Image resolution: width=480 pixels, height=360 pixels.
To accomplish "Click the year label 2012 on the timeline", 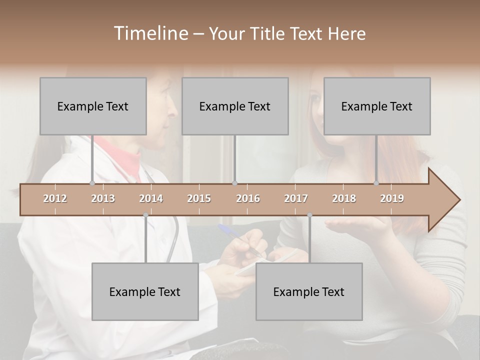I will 55,198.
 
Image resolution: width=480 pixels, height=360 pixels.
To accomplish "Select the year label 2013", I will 103,198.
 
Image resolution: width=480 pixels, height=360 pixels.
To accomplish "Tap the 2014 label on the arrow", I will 151,198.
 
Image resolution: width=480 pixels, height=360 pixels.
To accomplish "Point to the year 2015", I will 199,198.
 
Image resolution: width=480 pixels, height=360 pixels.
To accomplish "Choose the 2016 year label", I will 248,198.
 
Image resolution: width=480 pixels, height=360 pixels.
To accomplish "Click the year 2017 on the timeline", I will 296,198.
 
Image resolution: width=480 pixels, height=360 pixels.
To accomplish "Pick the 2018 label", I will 344,198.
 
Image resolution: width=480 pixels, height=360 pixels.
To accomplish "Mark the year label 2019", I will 392,198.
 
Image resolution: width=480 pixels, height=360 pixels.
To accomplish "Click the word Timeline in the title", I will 149,33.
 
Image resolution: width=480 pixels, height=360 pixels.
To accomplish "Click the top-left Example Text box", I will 93,106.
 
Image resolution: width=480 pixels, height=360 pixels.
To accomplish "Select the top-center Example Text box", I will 235,106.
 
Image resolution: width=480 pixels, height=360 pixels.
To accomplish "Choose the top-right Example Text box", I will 377,106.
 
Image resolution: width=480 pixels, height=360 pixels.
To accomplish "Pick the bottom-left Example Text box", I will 145,291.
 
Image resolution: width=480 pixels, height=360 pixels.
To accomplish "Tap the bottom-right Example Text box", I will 309,291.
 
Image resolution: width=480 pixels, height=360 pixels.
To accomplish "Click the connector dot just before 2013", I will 92,183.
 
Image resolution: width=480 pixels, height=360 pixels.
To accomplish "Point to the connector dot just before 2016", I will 235,183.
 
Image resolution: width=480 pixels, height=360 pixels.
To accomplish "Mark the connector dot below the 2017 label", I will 309,215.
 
